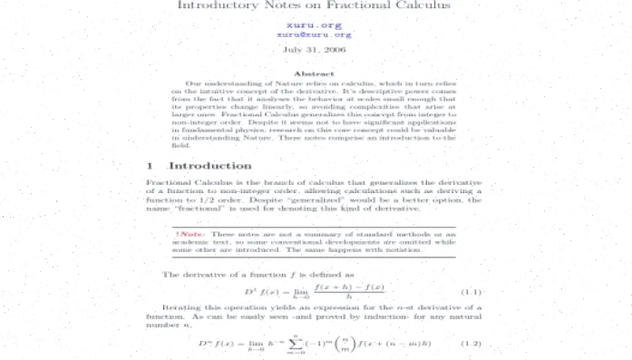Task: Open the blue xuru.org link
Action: click(x=315, y=25)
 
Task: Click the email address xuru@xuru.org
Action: click(x=315, y=34)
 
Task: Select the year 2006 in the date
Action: click(x=335, y=50)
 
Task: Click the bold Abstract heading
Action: click(x=315, y=74)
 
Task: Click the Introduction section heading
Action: click(x=210, y=166)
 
